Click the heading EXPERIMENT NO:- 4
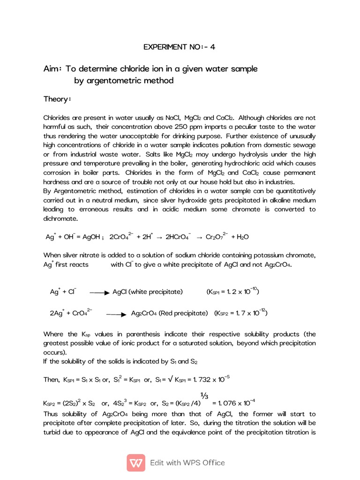[180, 47]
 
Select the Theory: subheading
[57, 99]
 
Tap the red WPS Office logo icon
[136, 462]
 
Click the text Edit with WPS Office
[187, 463]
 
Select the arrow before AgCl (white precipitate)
[99, 292]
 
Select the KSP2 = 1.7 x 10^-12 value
[241, 313]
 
